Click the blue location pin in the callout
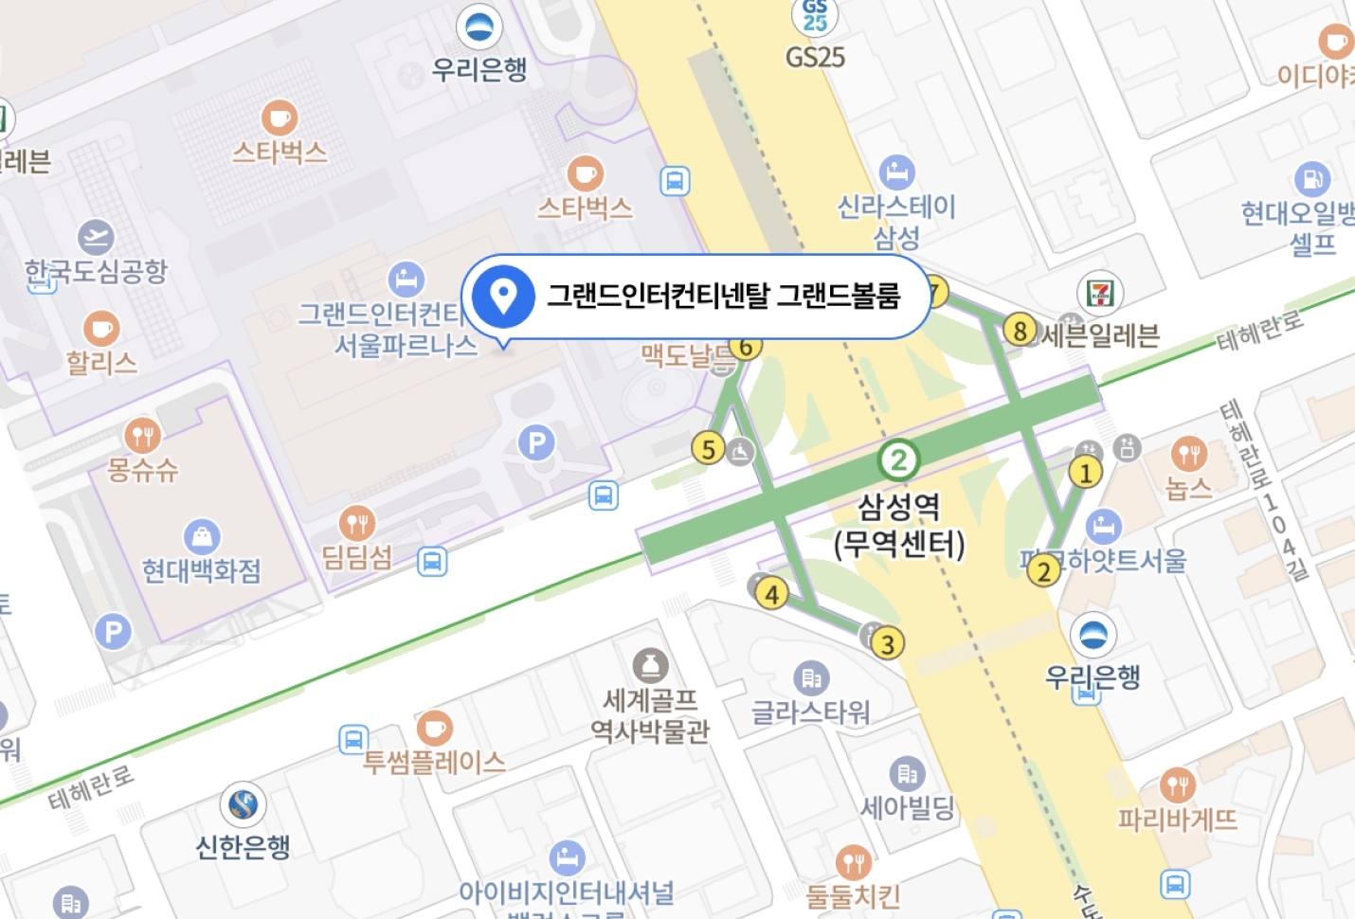click(503, 296)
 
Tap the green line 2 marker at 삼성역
click(897, 461)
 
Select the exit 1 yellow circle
click(1085, 472)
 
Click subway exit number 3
click(887, 644)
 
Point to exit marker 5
click(708, 448)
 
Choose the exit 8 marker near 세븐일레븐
click(1020, 331)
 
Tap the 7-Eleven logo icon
click(1100, 293)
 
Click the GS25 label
click(815, 58)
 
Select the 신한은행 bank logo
click(244, 805)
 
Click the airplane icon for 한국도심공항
click(96, 237)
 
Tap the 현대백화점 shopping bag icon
click(202, 537)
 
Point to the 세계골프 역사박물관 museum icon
click(650, 665)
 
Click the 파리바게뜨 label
click(1177, 820)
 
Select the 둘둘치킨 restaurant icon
click(853, 862)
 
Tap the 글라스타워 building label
click(810, 712)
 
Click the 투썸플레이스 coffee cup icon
click(434, 728)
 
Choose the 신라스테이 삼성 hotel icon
click(896, 172)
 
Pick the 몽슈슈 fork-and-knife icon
click(142, 436)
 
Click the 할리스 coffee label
click(101, 363)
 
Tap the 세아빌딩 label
click(907, 808)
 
